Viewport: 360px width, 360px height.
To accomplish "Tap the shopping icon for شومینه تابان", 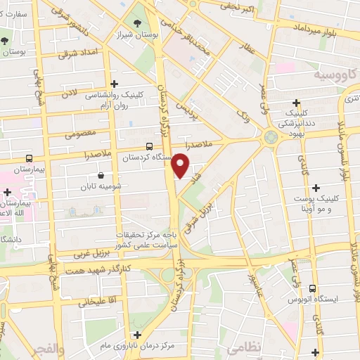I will click(x=102, y=175).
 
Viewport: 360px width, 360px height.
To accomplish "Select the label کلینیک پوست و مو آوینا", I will click(x=316, y=204).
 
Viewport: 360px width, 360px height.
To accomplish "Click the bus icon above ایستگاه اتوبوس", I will click(x=312, y=288).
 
